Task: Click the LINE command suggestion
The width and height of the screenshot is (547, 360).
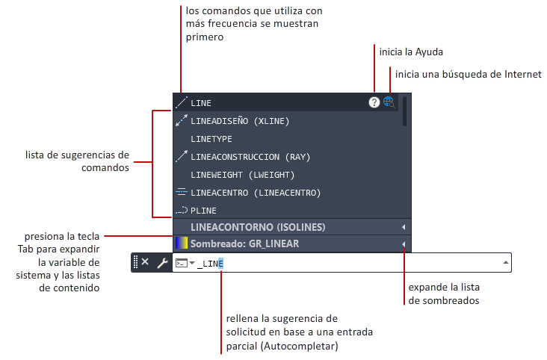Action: pyautogui.click(x=202, y=102)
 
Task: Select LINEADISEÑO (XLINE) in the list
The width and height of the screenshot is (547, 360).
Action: pyautogui.click(x=239, y=120)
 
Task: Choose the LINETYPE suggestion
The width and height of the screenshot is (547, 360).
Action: pyautogui.click(x=211, y=139)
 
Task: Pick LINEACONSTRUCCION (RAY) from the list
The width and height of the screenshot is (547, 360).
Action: pyautogui.click(x=250, y=157)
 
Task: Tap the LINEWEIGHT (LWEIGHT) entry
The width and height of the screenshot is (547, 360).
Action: pyautogui.click(x=242, y=175)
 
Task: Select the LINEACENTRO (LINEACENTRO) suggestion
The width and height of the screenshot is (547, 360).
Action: pyautogui.click(x=255, y=193)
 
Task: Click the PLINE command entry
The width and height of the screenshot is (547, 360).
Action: pyautogui.click(x=204, y=211)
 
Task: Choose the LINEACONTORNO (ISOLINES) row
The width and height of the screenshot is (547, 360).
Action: pyautogui.click(x=258, y=226)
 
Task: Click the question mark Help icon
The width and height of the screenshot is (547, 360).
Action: pyautogui.click(x=374, y=102)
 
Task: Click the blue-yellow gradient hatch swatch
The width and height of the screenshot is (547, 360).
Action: pyautogui.click(x=181, y=243)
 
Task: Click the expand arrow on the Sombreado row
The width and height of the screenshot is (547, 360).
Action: pyautogui.click(x=403, y=243)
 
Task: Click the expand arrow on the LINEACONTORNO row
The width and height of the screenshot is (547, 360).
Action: pyautogui.click(x=403, y=226)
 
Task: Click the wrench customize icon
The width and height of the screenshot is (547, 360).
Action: pyautogui.click(x=161, y=263)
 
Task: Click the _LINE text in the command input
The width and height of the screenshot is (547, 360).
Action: pyautogui.click(x=211, y=263)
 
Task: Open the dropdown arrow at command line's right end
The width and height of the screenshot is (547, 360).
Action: pyautogui.click(x=506, y=262)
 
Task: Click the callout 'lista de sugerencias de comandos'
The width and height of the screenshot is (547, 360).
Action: pyautogui.click(x=77, y=161)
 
